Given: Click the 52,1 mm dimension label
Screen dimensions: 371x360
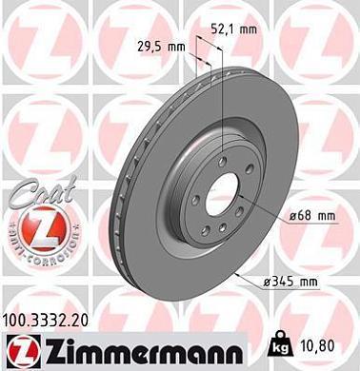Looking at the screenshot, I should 234,29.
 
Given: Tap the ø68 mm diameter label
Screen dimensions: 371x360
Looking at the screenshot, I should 312,217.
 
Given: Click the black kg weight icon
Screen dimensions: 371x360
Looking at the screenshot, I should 284,339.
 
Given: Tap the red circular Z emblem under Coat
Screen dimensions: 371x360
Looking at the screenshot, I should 34,229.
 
